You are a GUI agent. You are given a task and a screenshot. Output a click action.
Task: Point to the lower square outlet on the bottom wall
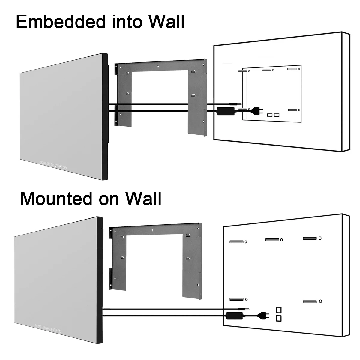279,318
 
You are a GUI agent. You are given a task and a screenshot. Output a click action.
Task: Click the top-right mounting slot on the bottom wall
310,238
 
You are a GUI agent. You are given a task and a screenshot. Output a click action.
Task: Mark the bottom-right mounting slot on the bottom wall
310,301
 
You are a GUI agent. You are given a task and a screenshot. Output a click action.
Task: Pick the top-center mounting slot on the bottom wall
272,239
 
